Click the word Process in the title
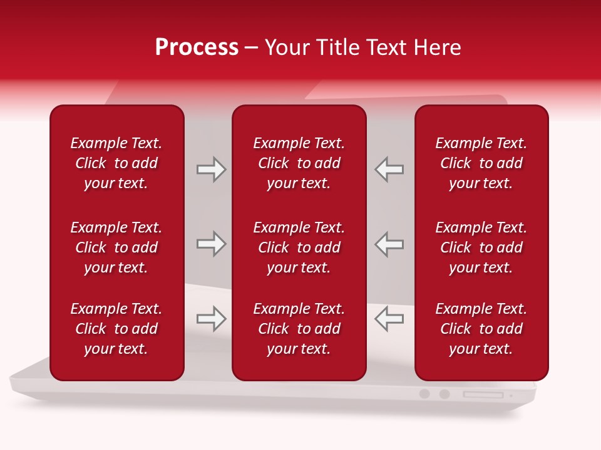click(197, 47)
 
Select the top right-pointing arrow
click(212, 169)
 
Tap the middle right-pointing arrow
click(212, 244)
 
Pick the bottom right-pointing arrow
click(212, 319)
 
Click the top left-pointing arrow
click(389, 169)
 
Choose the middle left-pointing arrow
click(389, 244)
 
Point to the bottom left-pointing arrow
click(389, 319)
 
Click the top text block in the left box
click(116, 163)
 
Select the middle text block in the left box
click(116, 247)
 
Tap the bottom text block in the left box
click(116, 329)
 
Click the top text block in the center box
click(299, 163)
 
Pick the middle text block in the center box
click(299, 247)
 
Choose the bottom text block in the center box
click(299, 329)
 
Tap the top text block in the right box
click(481, 163)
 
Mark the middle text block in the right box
click(481, 247)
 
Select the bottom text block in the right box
click(481, 329)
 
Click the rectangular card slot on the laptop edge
click(483, 394)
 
